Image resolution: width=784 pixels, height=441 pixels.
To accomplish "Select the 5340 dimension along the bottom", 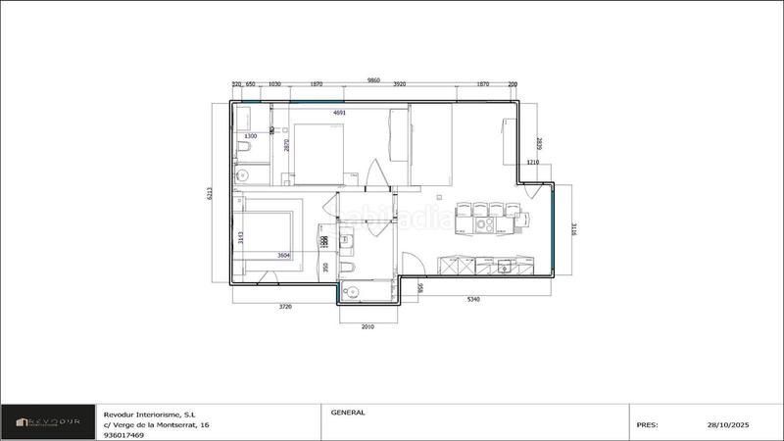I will click(472, 299).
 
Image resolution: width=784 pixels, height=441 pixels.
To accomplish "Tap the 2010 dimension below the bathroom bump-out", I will click(367, 326).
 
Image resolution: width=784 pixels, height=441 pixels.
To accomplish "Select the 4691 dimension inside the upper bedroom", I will click(340, 113).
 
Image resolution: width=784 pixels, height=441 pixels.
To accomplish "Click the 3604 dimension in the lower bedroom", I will click(284, 255).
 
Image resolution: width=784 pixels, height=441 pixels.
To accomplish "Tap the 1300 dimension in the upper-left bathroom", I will click(250, 136).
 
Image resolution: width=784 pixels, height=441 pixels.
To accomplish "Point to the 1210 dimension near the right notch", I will click(533, 162).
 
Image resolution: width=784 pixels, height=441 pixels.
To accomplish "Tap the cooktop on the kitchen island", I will click(485, 224).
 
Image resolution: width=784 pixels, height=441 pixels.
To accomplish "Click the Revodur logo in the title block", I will click(49, 424).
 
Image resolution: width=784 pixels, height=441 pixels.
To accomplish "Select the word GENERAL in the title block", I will click(348, 413).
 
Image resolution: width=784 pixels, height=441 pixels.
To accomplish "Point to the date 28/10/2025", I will click(726, 425).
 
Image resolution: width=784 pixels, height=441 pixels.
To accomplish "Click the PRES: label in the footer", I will click(647, 425).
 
